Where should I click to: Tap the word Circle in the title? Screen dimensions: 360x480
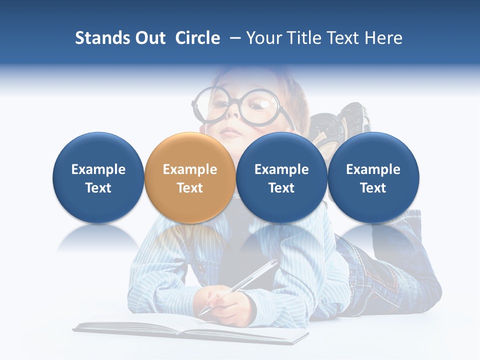(x=197, y=38)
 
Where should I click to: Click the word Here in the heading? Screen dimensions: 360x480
(x=383, y=38)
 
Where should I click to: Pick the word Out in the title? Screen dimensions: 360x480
(x=149, y=38)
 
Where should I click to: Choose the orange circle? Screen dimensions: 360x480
(x=189, y=177)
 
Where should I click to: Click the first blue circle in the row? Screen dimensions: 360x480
(x=98, y=177)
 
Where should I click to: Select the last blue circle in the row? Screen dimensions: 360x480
(x=373, y=177)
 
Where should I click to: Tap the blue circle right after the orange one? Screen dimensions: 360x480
(x=281, y=177)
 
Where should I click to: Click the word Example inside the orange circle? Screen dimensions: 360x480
(x=189, y=169)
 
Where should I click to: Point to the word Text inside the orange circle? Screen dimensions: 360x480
(x=189, y=188)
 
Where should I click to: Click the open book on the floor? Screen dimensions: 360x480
(x=190, y=327)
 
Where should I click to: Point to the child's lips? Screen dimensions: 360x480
(x=230, y=133)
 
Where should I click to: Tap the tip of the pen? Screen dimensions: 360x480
(x=201, y=314)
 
